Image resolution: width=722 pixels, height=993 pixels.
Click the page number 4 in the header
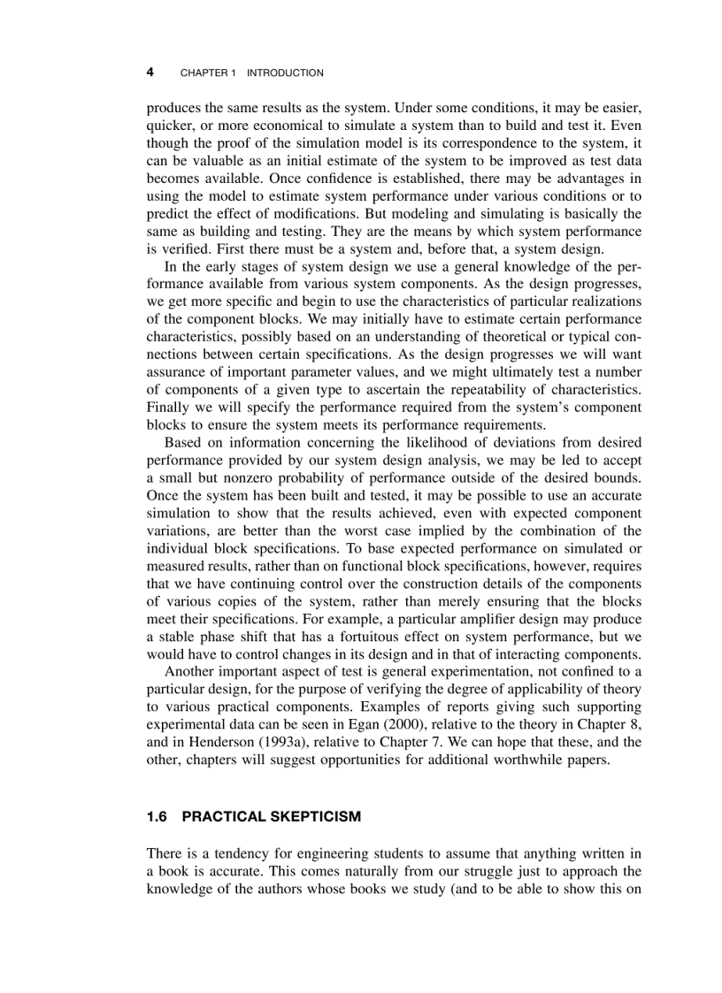tap(150, 72)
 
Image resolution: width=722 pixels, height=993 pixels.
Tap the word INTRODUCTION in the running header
tap(285, 73)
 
